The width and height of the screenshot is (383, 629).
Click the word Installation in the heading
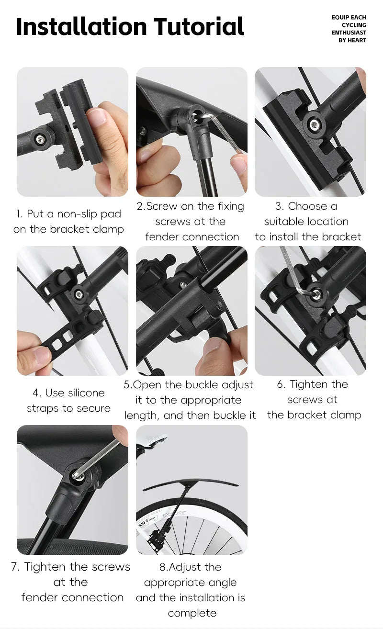click(81, 26)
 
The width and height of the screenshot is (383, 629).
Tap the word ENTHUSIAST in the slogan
click(349, 33)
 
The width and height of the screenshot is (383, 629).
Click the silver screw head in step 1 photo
click(41, 138)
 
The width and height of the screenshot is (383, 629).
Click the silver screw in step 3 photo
click(314, 124)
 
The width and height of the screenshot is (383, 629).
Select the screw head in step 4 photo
click(79, 294)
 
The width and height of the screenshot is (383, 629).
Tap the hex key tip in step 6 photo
click(316, 294)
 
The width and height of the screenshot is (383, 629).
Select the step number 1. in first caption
click(19, 214)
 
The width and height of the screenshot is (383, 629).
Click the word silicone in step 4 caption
click(75, 393)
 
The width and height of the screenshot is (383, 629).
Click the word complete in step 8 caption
click(192, 613)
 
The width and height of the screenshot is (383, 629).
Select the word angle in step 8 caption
click(223, 583)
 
